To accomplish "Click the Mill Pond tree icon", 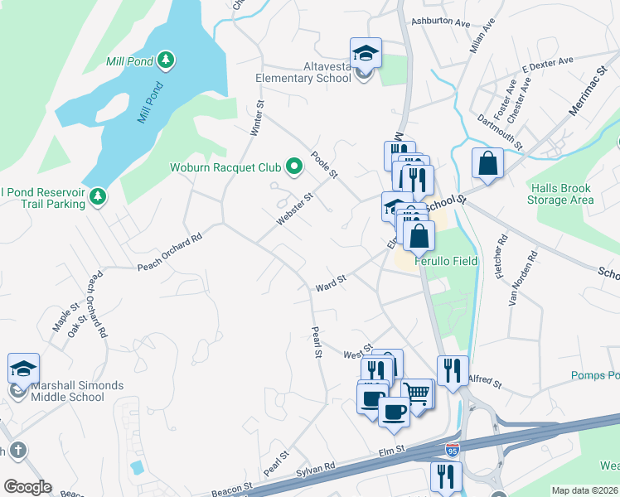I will [x=167, y=60].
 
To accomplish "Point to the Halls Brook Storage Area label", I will [x=560, y=194].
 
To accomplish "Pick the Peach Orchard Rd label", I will [x=169, y=252].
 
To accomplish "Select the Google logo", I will [x=27, y=487].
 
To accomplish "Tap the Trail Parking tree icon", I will [x=99, y=196].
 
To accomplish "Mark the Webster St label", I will [x=294, y=211].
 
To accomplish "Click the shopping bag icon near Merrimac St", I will [x=487, y=163].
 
